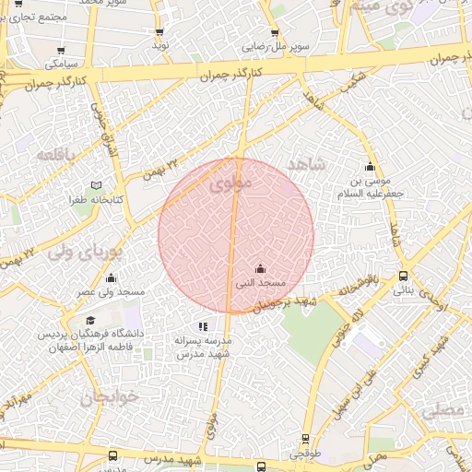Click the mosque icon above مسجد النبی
(260, 268)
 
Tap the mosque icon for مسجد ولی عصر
(112, 277)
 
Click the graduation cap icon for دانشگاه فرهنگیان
(89, 320)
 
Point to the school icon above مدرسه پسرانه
(203, 326)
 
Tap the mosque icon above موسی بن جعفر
(371, 166)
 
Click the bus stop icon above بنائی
(403, 276)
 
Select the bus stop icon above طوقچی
(305, 440)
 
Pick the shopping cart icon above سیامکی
(61, 51)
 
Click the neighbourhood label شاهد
(307, 165)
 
